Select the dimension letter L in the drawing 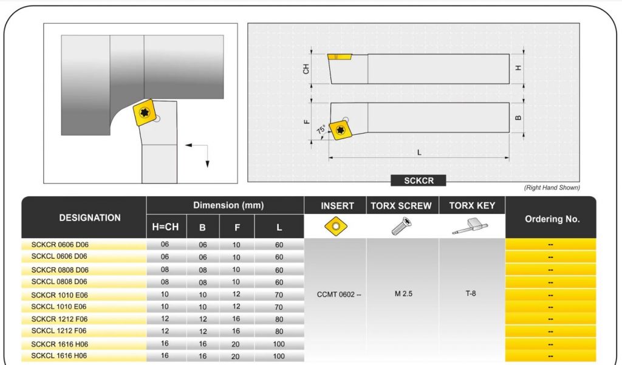pyautogui.click(x=419, y=151)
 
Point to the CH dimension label pyautogui.click(x=306, y=69)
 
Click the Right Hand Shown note pyautogui.click(x=552, y=188)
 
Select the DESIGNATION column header pyautogui.click(x=90, y=217)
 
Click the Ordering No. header pyautogui.click(x=551, y=219)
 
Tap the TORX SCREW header pyautogui.click(x=402, y=206)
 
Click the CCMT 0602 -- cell pyautogui.click(x=339, y=295)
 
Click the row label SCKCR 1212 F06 pyautogui.click(x=60, y=319)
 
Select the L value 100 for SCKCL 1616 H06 pyautogui.click(x=278, y=356)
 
